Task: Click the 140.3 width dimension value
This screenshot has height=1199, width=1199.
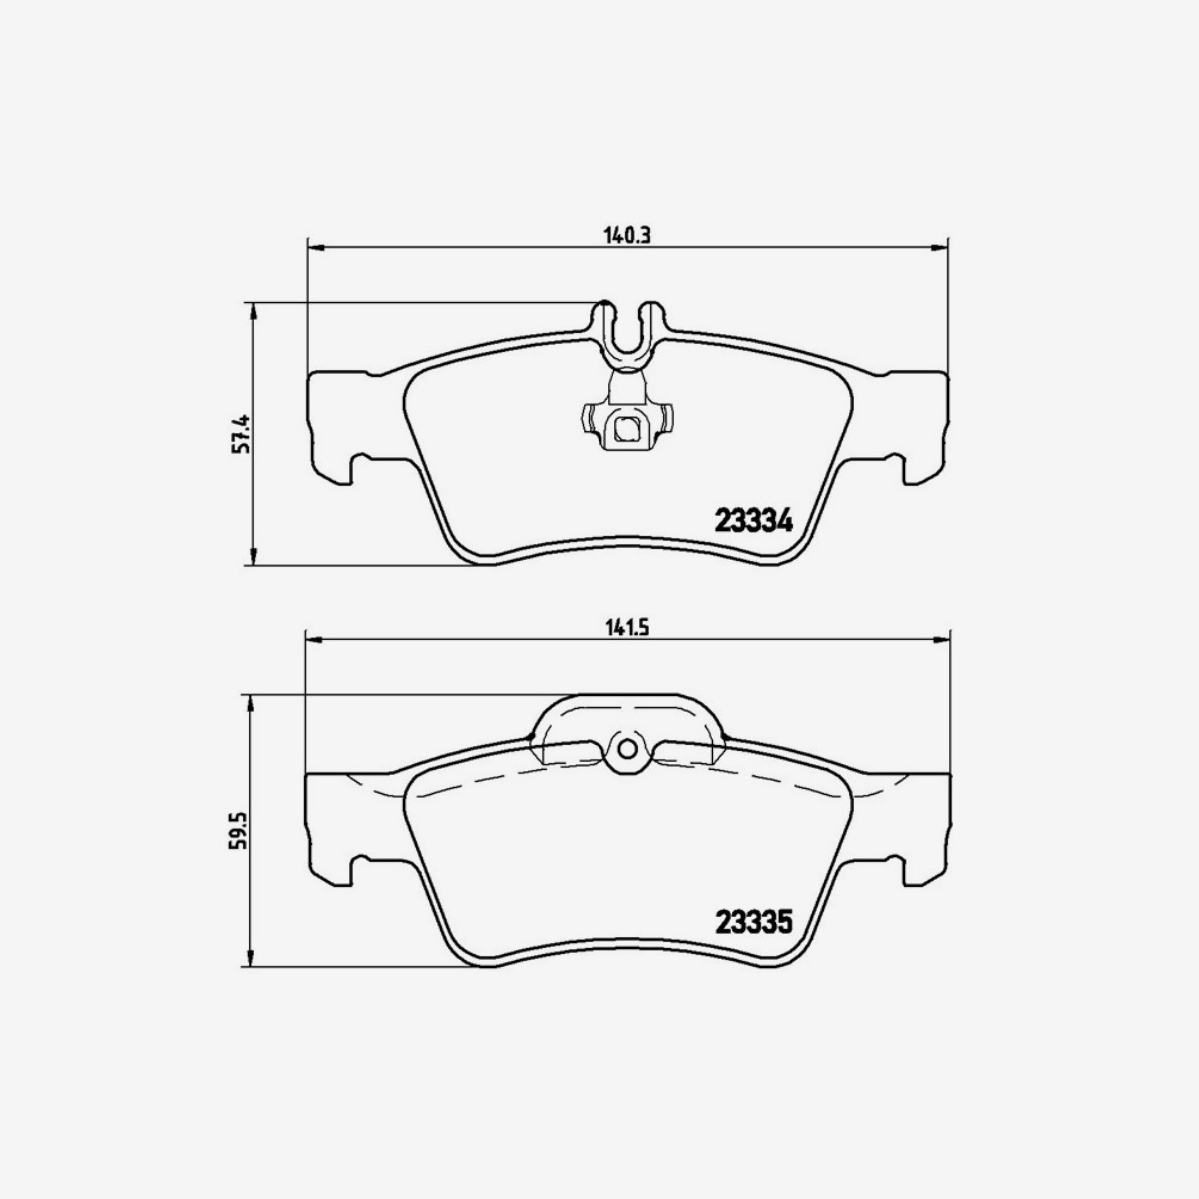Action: tap(626, 236)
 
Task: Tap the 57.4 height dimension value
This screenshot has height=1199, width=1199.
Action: tap(241, 434)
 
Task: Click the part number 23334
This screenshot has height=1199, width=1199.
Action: tap(753, 521)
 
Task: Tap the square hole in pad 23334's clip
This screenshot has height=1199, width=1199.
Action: tap(626, 431)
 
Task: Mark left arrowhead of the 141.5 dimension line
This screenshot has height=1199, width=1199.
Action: tap(312, 639)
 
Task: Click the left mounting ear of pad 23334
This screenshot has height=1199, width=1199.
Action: tap(335, 425)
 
